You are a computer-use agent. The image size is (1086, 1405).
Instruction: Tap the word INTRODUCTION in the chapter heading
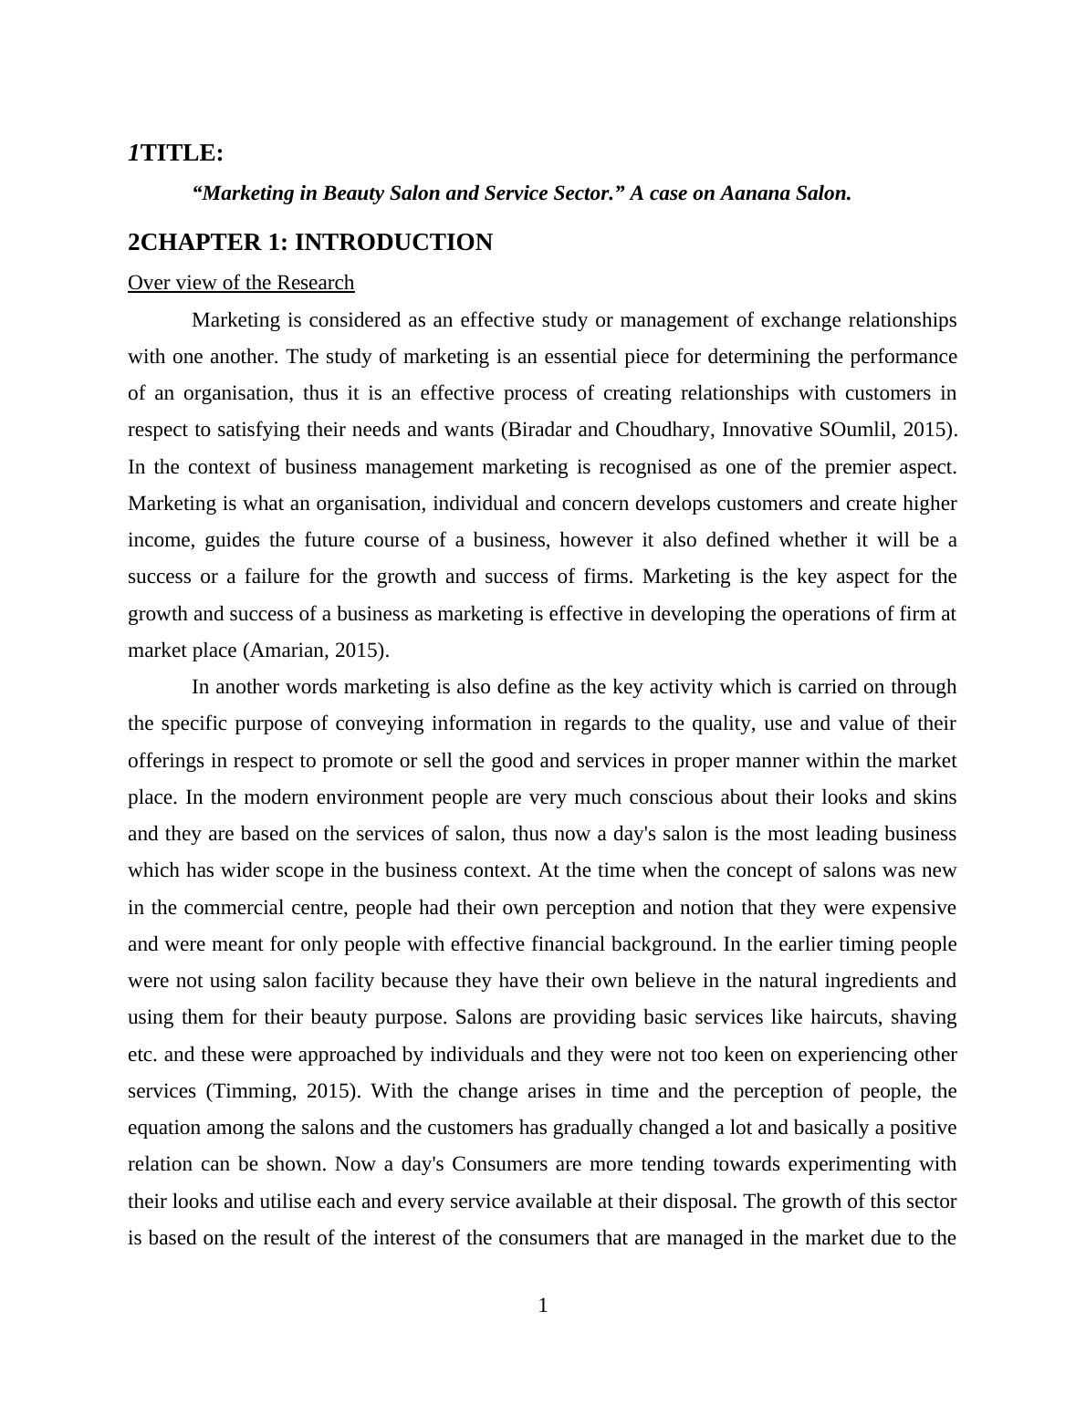point(393,243)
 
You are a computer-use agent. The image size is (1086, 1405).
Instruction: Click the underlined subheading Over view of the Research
point(241,283)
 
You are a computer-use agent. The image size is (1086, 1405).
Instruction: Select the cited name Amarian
point(284,650)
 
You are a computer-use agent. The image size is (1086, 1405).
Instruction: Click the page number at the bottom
point(543,1306)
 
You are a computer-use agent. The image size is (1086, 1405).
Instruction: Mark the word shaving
point(924,1017)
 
